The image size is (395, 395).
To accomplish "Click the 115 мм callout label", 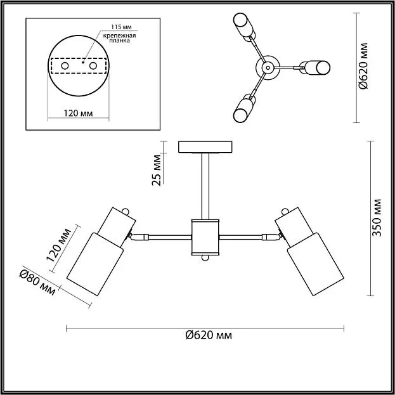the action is tap(122, 27).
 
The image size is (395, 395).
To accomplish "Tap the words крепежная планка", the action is tap(119, 38).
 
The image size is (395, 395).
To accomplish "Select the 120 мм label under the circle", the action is tap(78, 113).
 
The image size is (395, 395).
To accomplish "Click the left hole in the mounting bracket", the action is tap(65, 66).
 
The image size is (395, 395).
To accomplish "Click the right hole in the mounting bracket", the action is tap(93, 66).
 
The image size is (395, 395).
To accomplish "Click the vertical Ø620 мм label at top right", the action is tap(363, 66).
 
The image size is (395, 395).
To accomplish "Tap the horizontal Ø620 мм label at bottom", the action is tap(209, 335).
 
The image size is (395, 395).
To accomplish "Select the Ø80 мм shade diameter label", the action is tap(37, 283).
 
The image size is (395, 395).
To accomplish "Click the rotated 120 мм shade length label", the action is tap(59, 245).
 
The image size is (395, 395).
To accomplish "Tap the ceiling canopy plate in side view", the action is tap(205, 147).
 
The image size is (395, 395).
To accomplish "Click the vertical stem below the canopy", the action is tap(205, 186).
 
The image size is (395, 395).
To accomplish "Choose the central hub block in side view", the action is tap(205, 237).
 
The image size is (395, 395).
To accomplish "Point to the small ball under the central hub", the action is tap(205, 258).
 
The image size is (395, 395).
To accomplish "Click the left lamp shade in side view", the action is tap(95, 264).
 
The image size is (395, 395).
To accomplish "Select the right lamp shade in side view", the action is tap(315, 264).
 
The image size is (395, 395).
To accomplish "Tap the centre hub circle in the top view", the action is tap(268, 67).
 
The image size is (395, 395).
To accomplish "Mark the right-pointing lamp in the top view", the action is tap(314, 67).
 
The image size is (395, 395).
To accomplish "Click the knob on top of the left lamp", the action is tap(125, 211).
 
